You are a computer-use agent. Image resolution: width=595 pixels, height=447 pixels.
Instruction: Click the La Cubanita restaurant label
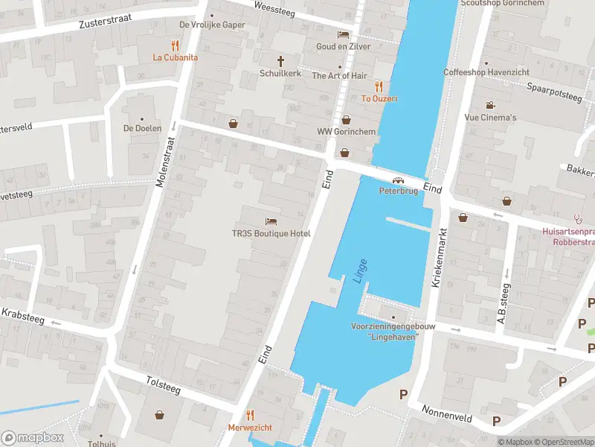coord(176,57)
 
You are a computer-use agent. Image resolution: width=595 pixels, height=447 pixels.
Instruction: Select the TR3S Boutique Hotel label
coord(271,233)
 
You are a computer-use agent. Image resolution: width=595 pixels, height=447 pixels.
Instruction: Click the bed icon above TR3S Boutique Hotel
coord(271,221)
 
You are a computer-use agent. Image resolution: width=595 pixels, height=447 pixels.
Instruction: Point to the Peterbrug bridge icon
coord(398,180)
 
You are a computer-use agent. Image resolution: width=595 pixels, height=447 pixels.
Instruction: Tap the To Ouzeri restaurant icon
coord(379,86)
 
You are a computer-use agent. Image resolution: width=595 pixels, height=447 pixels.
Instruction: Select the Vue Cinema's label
coord(490,118)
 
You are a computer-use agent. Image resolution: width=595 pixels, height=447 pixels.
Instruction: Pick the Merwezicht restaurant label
coord(250,427)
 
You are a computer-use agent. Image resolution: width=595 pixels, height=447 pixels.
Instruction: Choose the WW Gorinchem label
coord(346,132)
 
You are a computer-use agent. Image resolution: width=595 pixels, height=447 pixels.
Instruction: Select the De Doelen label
coord(142,128)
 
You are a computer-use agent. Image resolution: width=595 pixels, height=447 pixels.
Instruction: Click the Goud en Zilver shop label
coord(342,46)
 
